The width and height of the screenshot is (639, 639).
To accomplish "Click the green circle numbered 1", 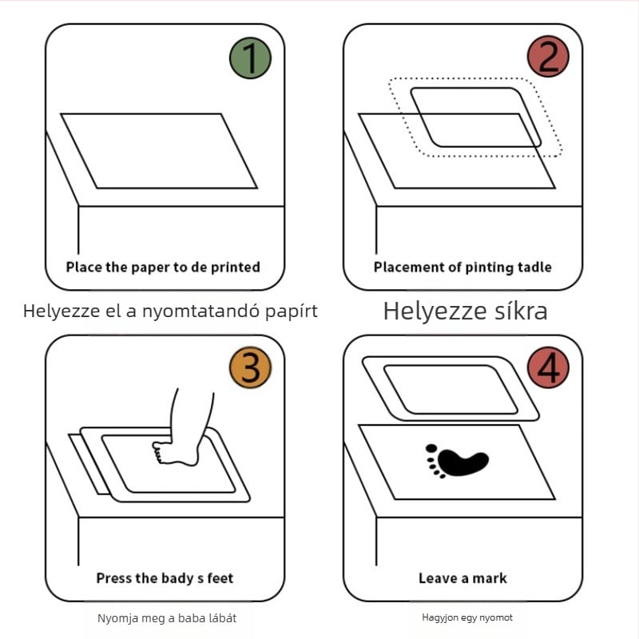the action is (250, 58).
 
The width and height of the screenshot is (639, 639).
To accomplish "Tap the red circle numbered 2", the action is (548, 57).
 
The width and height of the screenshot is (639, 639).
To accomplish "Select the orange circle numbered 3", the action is (250, 367).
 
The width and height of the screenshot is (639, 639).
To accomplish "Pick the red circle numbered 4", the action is (548, 367).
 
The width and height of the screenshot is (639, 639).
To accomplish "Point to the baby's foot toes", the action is (158, 451).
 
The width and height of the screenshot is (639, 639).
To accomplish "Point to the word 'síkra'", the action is (521, 312).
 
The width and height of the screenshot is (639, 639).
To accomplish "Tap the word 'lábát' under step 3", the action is (223, 618).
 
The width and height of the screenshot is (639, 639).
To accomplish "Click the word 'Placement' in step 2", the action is (410, 268).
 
